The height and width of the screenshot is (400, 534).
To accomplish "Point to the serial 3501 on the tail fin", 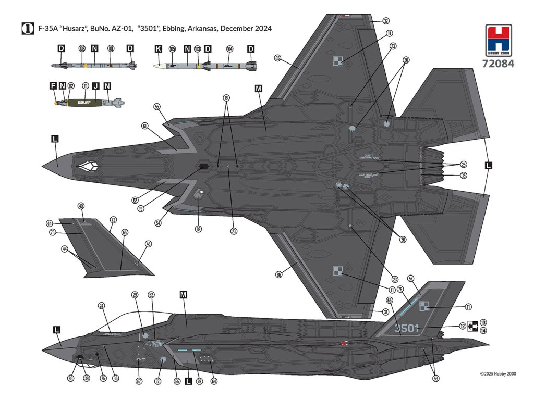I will tap(407, 328).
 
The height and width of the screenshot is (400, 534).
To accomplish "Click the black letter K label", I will tap(159, 48).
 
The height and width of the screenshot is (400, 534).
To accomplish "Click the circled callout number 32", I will tap(385, 21).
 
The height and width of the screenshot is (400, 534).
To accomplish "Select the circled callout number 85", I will tap(277, 58).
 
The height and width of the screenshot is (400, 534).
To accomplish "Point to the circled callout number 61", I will tap(144, 126).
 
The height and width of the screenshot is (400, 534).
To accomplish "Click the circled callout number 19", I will tap(141, 208).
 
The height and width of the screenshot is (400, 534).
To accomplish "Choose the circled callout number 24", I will tap(101, 306).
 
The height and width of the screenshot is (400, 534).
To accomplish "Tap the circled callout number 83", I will tap(71, 379).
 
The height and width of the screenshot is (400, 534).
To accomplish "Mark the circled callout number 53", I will tap(435, 379).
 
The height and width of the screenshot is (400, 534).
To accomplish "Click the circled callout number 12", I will tap(463, 327).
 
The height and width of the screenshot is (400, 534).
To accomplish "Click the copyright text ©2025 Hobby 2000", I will tap(498, 373).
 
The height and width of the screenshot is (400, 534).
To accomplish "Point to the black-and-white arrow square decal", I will tap(473, 326).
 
